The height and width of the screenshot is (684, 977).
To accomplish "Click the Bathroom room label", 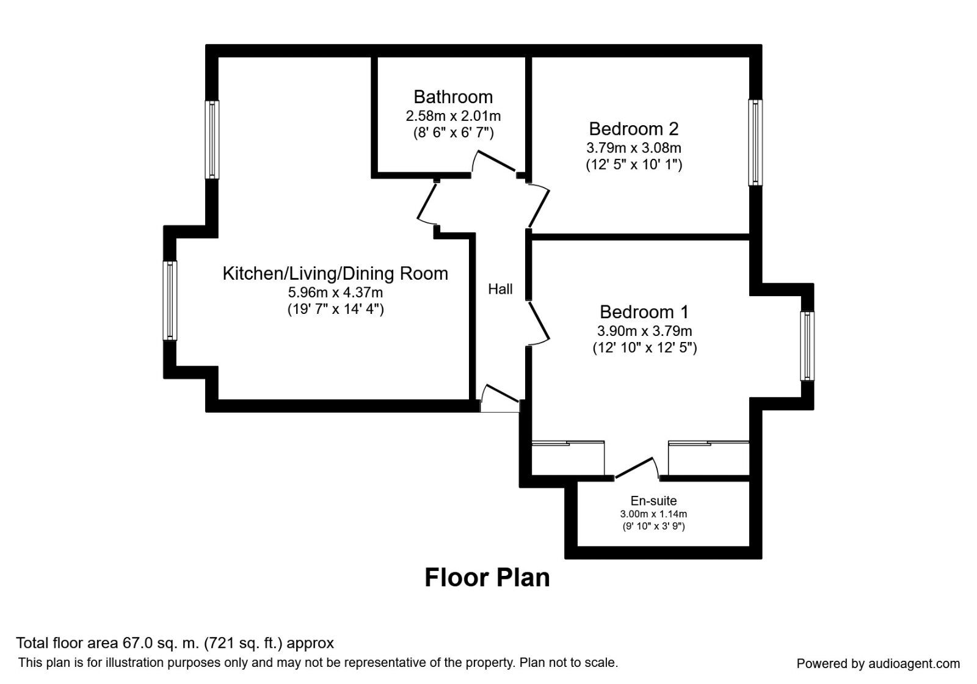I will (x=453, y=97).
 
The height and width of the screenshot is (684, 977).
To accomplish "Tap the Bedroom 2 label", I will (x=633, y=129).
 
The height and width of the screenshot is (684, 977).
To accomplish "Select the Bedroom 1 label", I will (x=644, y=312).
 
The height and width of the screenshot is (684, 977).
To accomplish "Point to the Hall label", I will (x=500, y=289).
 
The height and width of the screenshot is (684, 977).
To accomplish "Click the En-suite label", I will (x=653, y=501).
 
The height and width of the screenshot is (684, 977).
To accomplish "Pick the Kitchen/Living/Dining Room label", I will (x=335, y=274).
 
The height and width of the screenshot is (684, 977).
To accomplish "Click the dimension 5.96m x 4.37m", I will (x=335, y=293).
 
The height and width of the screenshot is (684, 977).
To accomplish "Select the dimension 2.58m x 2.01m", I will (x=453, y=115).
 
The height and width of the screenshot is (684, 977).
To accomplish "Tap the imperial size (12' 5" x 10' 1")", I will (x=634, y=164).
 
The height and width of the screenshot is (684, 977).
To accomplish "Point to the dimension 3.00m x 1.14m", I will (x=653, y=514).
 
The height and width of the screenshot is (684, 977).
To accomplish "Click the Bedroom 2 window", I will (x=755, y=142).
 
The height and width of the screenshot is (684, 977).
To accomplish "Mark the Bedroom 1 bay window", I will (x=807, y=346).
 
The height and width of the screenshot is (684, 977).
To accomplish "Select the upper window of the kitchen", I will (x=212, y=139).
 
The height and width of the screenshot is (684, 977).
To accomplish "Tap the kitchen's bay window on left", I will (x=170, y=300).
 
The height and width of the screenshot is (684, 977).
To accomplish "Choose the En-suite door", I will (x=635, y=468).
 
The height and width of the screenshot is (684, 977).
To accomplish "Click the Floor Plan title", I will (x=487, y=578).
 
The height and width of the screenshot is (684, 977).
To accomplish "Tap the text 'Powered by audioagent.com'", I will (x=878, y=664).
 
